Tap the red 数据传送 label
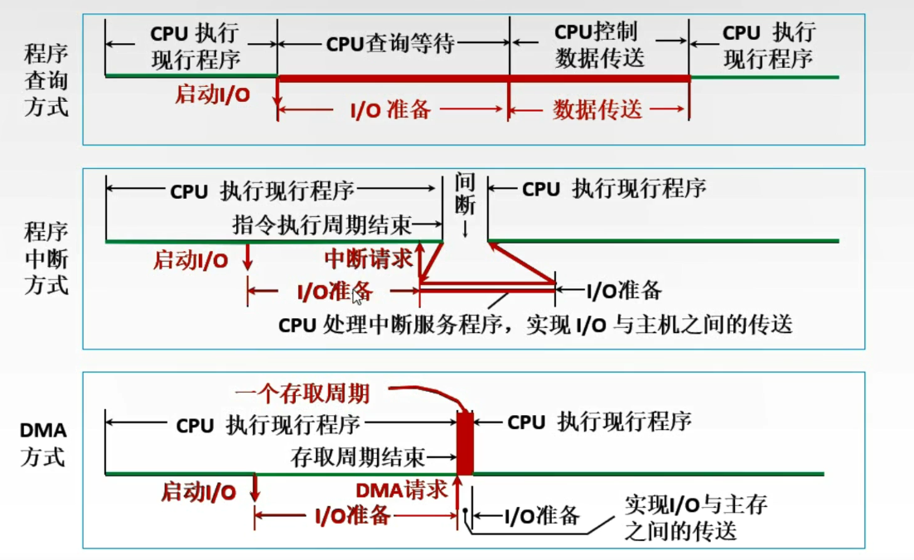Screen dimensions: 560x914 click(597, 109)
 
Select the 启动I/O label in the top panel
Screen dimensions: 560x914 click(211, 94)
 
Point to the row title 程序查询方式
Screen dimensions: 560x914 click(46, 80)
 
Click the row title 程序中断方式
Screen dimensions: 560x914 click(46, 258)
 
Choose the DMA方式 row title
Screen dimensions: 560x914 click(43, 443)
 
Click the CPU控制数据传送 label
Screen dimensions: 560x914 click(599, 46)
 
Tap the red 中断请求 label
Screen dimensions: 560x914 click(368, 259)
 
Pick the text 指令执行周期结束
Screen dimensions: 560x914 click(322, 224)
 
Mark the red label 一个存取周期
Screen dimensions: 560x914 click(302, 390)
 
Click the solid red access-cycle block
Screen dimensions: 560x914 click(465, 442)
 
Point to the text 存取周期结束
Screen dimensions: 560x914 click(358, 456)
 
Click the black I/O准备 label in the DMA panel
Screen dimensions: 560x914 click(541, 516)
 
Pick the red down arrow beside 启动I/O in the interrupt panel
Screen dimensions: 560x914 click(247, 259)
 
